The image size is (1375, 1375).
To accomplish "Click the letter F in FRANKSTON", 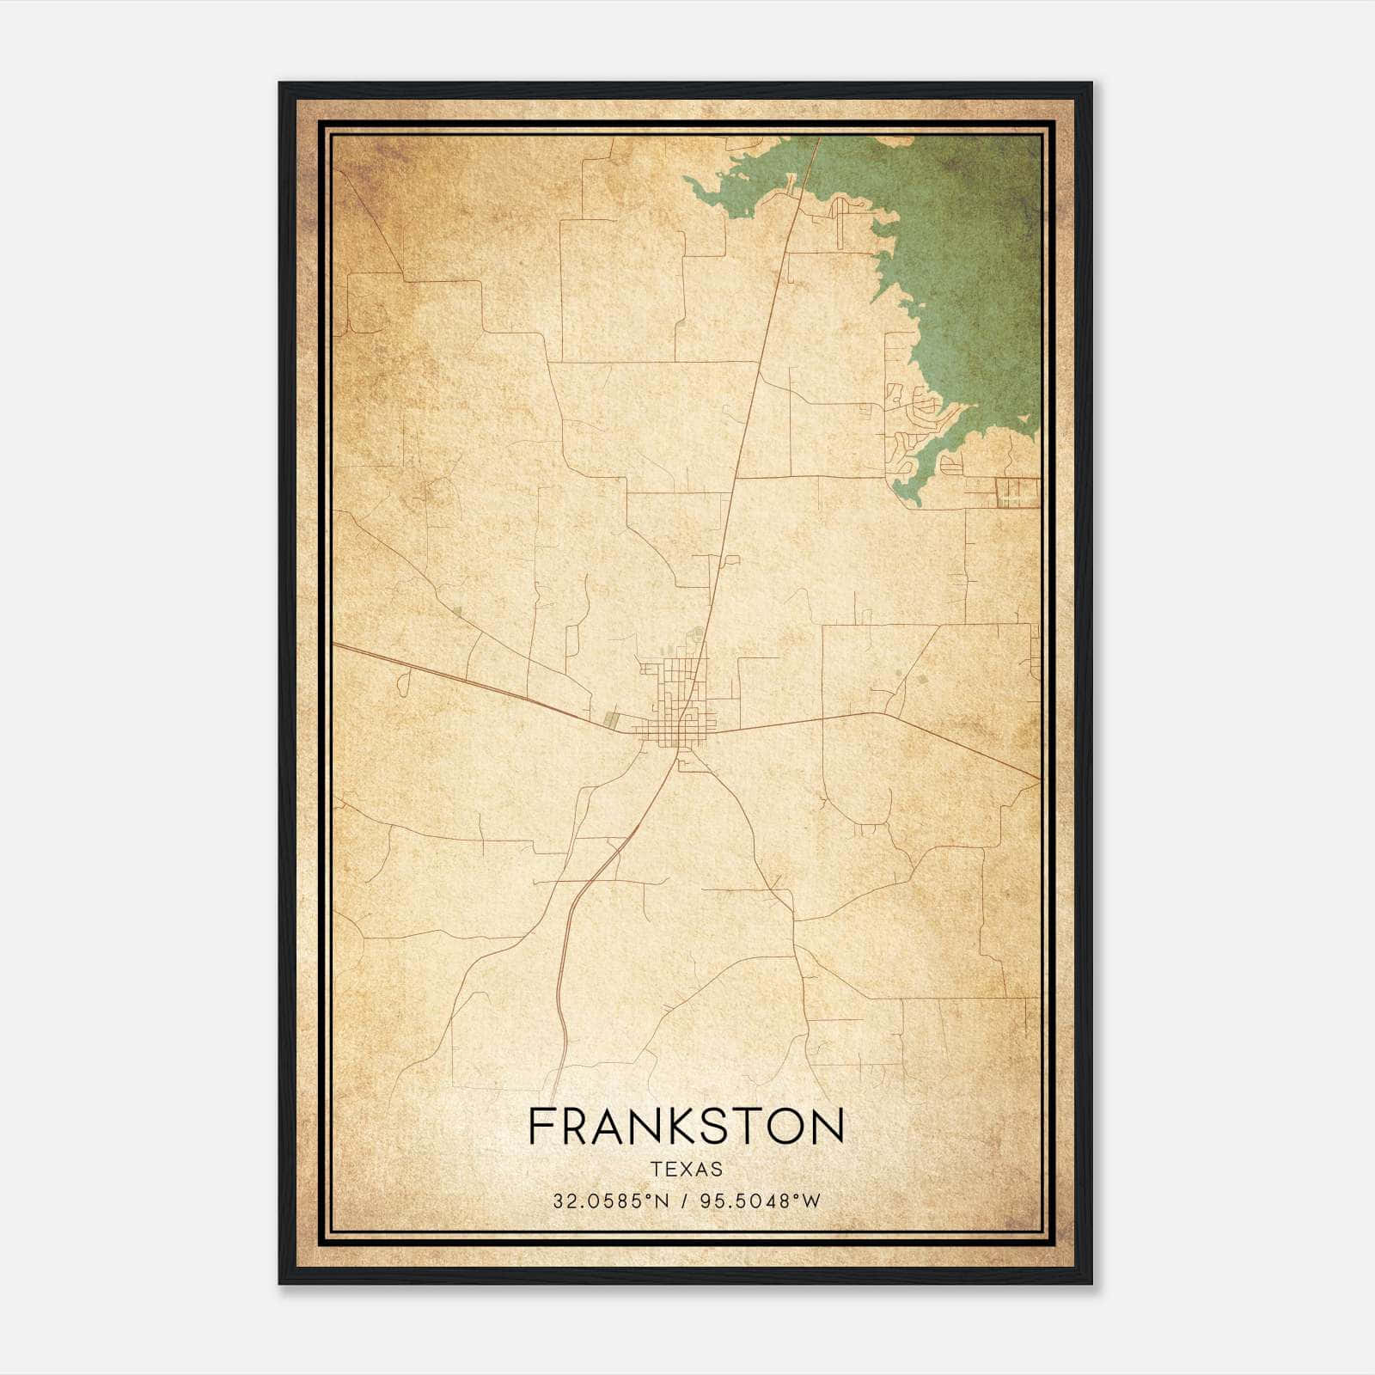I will (541, 1127).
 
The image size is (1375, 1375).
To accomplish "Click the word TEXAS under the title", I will (687, 1169).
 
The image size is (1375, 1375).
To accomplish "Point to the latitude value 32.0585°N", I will (610, 1201).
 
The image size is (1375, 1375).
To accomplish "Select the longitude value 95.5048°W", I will (761, 1201).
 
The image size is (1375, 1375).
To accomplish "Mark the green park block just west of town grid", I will (611, 719).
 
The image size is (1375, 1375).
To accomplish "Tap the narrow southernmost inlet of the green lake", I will (911, 494).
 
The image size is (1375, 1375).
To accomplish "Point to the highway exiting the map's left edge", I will (337, 644).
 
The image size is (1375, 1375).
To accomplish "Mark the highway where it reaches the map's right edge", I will (1037, 778).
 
